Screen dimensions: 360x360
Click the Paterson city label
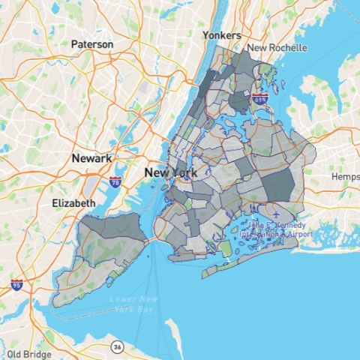[x=92, y=44]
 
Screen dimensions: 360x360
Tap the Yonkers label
[x=221, y=35]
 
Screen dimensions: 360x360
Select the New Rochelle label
[x=277, y=47]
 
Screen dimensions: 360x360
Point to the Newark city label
[x=91, y=159]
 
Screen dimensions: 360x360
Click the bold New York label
[x=171, y=173]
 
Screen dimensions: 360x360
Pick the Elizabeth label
[x=73, y=203]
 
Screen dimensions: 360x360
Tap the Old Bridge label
[x=28, y=354]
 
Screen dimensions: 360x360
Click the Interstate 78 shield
[x=115, y=181]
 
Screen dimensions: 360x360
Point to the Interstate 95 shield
[x=16, y=285]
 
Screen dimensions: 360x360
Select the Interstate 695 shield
[x=260, y=98]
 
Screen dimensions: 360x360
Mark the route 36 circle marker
[x=117, y=346]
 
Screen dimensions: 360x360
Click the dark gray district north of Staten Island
[x=112, y=227]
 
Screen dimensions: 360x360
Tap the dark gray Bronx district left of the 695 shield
[x=239, y=101]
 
